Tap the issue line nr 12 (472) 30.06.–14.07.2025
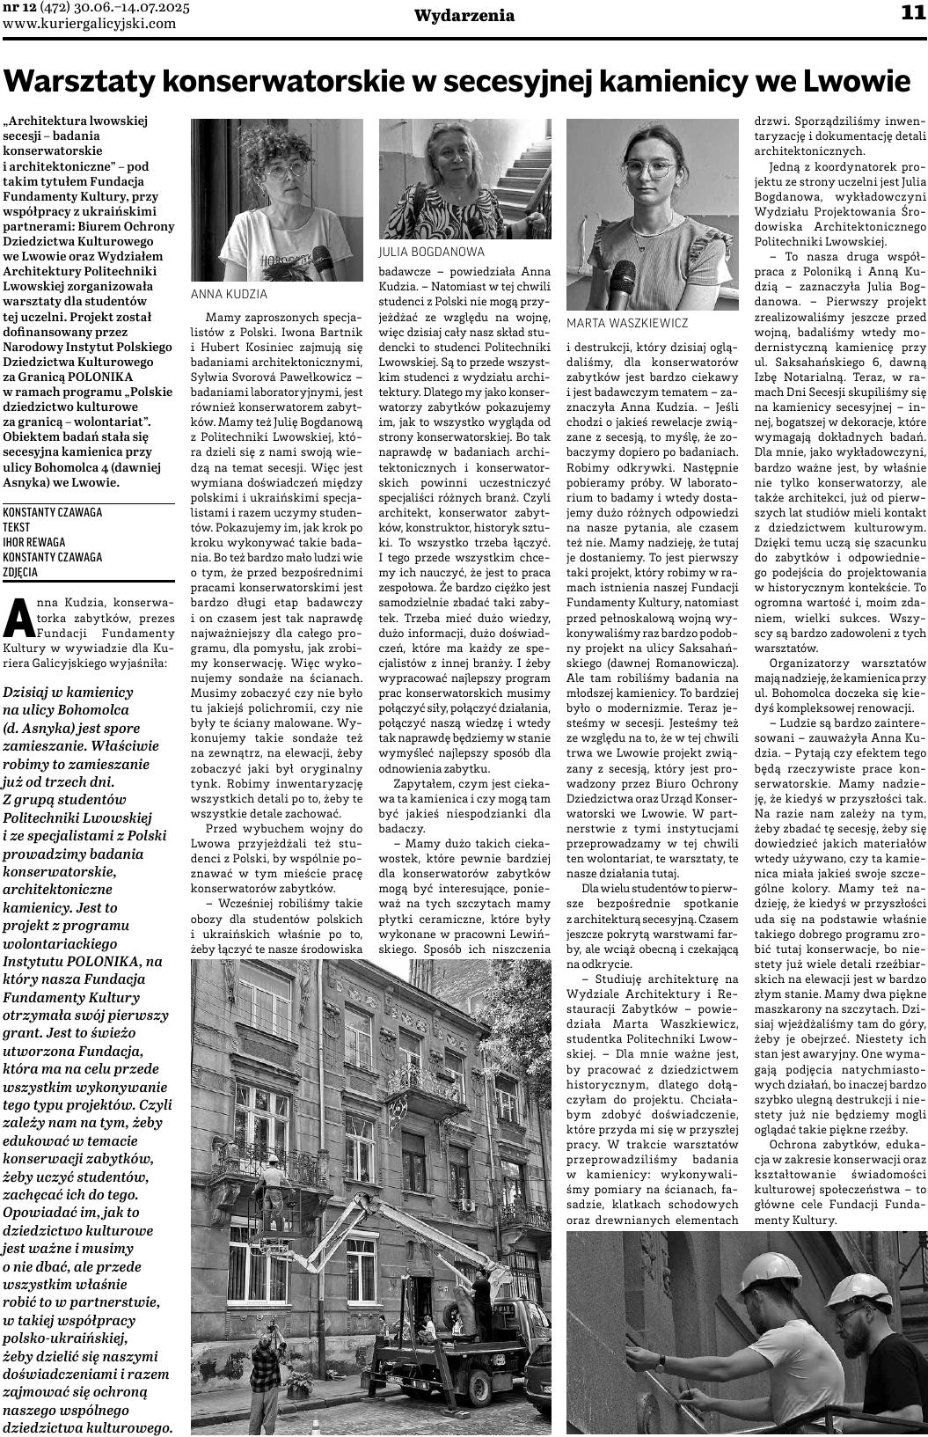tap(101, 8)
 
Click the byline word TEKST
tap(17, 526)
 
